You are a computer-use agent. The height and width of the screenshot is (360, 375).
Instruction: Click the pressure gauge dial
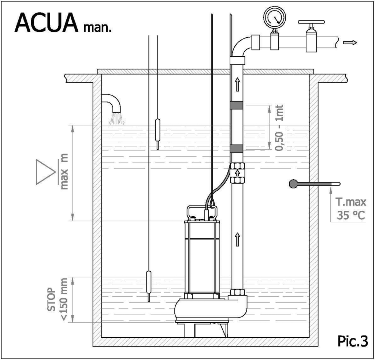point(275,18)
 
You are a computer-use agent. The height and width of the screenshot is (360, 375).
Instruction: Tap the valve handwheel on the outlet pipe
point(311,22)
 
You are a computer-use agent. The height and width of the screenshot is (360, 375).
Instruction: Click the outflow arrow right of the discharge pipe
point(350,43)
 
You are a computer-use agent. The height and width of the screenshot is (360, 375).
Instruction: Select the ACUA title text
point(47,22)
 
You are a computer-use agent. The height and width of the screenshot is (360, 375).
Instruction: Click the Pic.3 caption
point(353,341)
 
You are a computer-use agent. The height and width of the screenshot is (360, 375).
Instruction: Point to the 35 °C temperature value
point(351,215)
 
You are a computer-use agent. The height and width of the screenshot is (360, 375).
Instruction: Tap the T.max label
point(350,202)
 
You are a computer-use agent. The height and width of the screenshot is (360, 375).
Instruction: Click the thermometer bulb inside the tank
point(293,184)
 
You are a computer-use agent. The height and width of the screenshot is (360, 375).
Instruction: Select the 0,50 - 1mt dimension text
point(279,128)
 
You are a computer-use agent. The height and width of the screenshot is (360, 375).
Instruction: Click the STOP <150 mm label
point(57,299)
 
